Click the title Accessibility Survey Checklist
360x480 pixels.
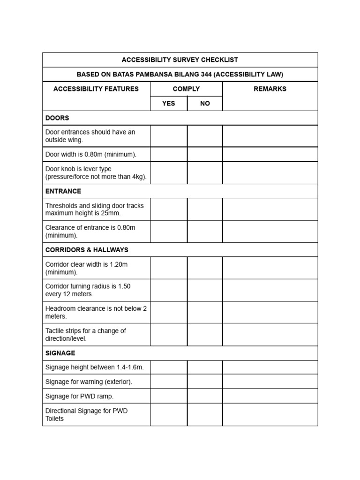tap(180, 60)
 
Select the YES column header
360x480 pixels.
tap(168, 104)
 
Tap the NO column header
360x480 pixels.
tap(205, 104)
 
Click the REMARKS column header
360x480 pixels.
tap(270, 89)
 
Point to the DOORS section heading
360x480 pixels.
tap(57, 118)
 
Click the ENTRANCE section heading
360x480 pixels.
tap(63, 191)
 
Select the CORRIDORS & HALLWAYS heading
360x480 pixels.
tap(87, 250)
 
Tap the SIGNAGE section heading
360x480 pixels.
tap(60, 353)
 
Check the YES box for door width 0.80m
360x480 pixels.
tap(169, 154)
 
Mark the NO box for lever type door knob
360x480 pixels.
tap(205, 172)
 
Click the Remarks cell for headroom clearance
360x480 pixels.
tap(270, 312)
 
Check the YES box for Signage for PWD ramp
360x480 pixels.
tap(169, 396)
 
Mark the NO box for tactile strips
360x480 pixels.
tap(205, 335)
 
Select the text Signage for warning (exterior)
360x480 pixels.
tap(89, 382)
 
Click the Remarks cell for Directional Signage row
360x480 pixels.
tap(270, 415)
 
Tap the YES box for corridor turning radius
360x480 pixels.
tap(169, 290)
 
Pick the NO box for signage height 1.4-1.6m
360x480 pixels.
tap(205, 367)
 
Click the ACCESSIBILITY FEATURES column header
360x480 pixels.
tap(96, 89)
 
